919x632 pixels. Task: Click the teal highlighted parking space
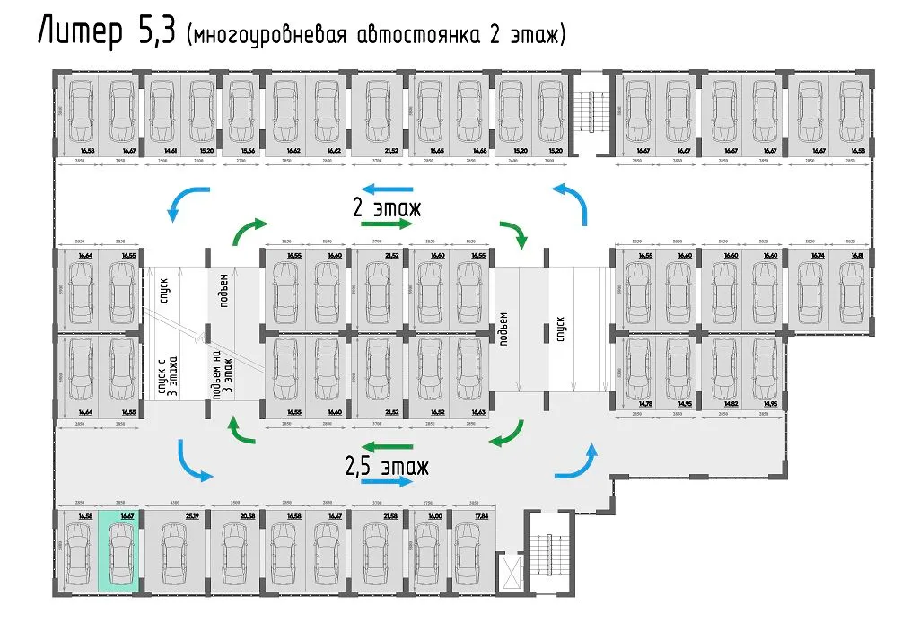pyautogui.click(x=118, y=550)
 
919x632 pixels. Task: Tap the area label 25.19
pyautogui.click(x=192, y=516)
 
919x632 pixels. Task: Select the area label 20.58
pyautogui.click(x=249, y=516)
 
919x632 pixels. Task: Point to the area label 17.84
pyautogui.click(x=463, y=516)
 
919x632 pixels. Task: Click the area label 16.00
pyautogui.click(x=435, y=516)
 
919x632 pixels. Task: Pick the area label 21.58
pyautogui.click(x=390, y=516)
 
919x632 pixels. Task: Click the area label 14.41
pyautogui.click(x=169, y=151)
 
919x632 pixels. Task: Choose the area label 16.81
pyautogui.click(x=858, y=256)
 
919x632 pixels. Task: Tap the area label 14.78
pyautogui.click(x=644, y=405)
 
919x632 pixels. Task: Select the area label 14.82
pyautogui.click(x=730, y=405)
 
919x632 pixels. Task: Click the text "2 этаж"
pyautogui.click(x=386, y=208)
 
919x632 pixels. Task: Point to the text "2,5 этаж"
pyautogui.click(x=386, y=467)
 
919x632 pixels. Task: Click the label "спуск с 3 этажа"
pyautogui.click(x=168, y=375)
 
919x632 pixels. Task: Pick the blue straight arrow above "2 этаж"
pyautogui.click(x=386, y=189)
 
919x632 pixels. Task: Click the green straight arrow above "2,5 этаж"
pyautogui.click(x=387, y=446)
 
